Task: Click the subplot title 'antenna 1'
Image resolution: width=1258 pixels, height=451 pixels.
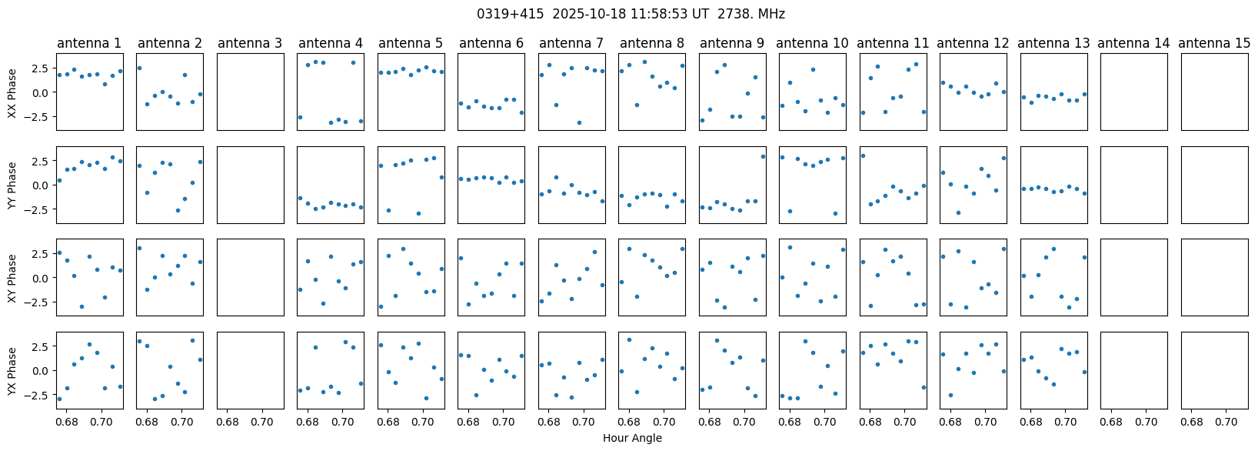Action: pyautogui.click(x=89, y=44)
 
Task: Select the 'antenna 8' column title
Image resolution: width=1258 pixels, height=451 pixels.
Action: pyautogui.click(x=651, y=44)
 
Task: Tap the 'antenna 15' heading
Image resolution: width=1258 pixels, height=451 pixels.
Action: pyautogui.click(x=1214, y=44)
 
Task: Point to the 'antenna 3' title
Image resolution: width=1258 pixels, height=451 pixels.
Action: pyautogui.click(x=250, y=44)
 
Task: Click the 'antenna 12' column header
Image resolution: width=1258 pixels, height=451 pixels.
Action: pyautogui.click(x=973, y=44)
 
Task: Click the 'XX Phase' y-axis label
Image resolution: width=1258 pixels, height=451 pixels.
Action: pyautogui.click(x=12, y=92)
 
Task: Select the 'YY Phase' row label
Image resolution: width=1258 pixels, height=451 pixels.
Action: pyautogui.click(x=12, y=185)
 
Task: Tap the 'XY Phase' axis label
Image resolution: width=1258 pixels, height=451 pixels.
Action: pyautogui.click(x=12, y=277)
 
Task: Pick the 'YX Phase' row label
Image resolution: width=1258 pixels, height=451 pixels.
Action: pyautogui.click(x=12, y=370)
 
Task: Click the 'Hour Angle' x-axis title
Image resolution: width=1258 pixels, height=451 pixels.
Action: pyautogui.click(x=632, y=439)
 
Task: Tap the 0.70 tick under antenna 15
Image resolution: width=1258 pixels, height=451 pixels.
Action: pyautogui.click(x=1226, y=423)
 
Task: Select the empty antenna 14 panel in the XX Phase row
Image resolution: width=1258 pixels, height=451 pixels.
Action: pyautogui.click(x=1133, y=92)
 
